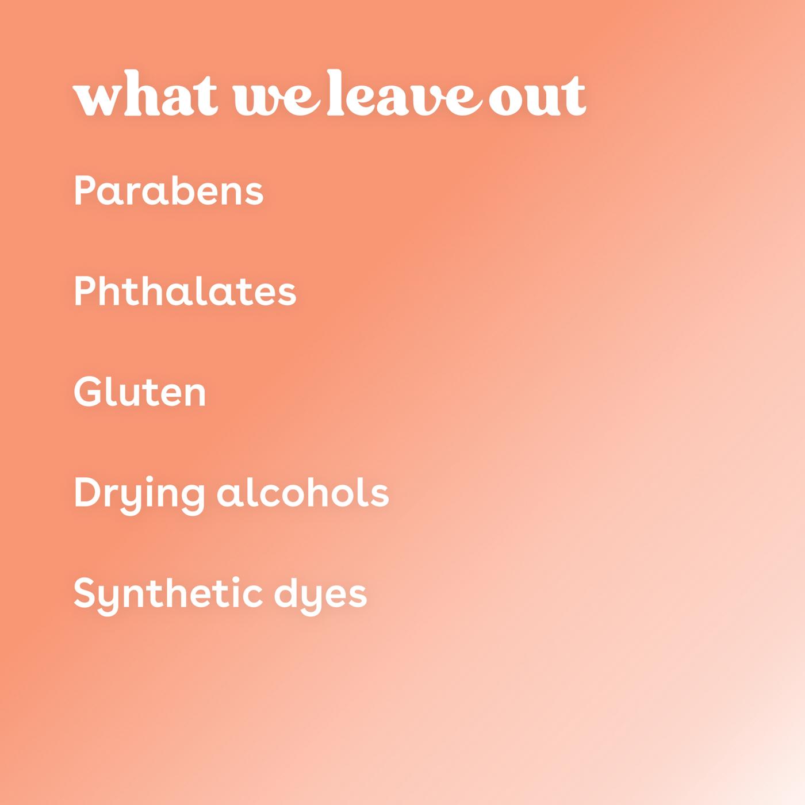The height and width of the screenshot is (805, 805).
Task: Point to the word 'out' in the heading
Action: tap(537, 96)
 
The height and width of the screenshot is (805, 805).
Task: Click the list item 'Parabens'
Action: tap(169, 190)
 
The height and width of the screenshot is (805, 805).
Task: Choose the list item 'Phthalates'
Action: tap(185, 291)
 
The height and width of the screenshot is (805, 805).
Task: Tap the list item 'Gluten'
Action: tap(140, 391)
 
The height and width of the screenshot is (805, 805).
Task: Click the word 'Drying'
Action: tap(139, 496)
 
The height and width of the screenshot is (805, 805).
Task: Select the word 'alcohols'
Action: tap(303, 492)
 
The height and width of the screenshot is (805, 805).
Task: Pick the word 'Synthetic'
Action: tap(168, 596)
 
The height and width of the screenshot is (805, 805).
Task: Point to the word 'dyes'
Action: tap(320, 596)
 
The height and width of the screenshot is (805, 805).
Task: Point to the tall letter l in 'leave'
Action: tap(336, 93)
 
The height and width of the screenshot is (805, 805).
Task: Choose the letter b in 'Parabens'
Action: tap(182, 190)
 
